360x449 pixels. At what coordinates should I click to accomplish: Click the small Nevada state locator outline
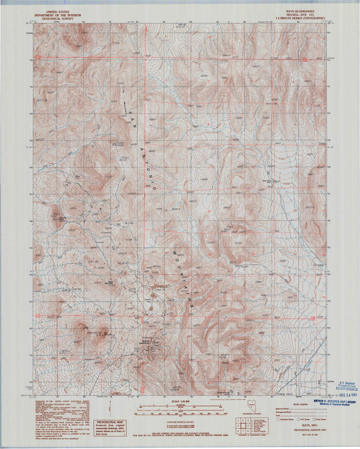225,414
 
